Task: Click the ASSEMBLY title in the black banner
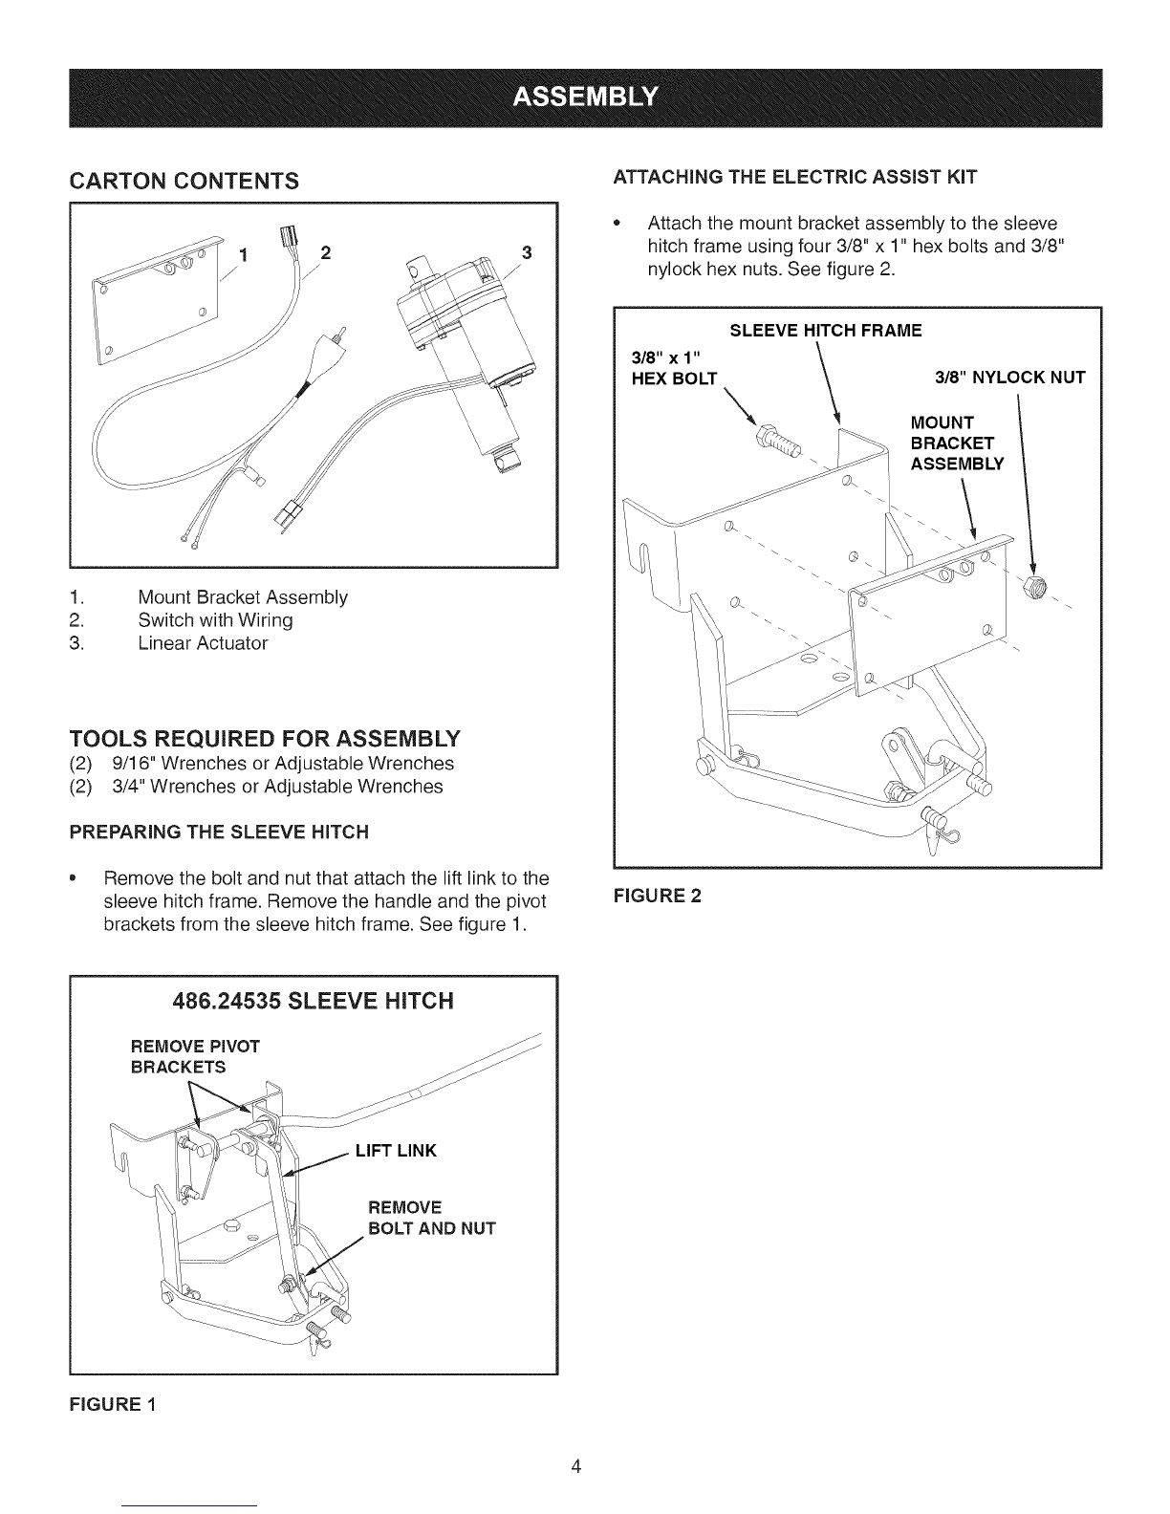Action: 585,97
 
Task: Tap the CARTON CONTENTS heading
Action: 184,182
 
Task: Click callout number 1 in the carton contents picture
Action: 243,256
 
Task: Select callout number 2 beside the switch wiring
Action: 325,252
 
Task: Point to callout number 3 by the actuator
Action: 527,252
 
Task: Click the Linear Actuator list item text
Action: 203,643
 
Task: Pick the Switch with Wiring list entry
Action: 215,620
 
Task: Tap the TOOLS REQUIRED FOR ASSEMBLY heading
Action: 265,738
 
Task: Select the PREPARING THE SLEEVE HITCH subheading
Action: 219,832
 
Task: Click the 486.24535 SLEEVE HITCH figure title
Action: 313,1001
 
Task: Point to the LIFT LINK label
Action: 396,1150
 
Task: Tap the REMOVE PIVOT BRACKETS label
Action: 195,1056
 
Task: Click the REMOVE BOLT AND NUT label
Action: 432,1218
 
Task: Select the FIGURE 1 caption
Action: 113,1404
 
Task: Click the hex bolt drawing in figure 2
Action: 778,440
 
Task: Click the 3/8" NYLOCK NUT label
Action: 1009,378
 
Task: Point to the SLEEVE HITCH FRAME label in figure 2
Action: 826,331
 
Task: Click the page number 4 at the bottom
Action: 576,1466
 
